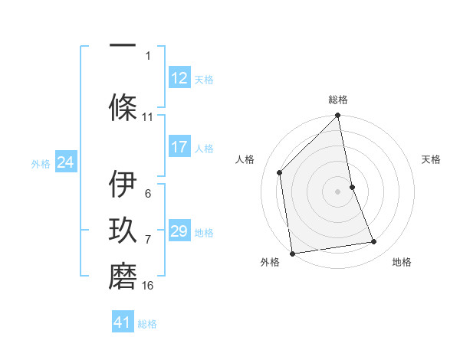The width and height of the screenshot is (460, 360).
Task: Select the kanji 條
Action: (x=123, y=106)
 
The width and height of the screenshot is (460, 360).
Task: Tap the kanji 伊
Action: (x=123, y=184)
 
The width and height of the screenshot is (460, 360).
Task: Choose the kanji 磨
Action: (x=123, y=275)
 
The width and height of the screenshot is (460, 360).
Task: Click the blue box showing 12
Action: (x=179, y=78)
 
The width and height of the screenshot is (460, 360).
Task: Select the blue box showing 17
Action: (x=179, y=147)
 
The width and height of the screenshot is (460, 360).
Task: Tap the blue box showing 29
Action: (x=179, y=231)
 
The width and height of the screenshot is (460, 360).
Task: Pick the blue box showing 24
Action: (x=66, y=162)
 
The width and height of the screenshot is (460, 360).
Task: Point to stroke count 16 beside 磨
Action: (x=148, y=286)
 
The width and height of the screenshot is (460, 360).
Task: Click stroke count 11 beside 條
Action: (x=148, y=117)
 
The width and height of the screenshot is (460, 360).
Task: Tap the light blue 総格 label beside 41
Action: (x=147, y=324)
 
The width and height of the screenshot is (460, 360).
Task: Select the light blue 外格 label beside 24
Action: (x=41, y=164)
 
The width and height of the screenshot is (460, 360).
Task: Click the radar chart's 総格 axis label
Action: (x=338, y=100)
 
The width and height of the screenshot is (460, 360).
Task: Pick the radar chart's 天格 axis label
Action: (x=431, y=159)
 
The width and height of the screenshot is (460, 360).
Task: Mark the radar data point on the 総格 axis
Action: (x=337, y=116)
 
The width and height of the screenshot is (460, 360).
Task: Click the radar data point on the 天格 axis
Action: (x=352, y=187)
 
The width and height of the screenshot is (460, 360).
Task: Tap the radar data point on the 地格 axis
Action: (x=374, y=242)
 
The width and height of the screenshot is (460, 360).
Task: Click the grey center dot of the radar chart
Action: (x=337, y=191)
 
